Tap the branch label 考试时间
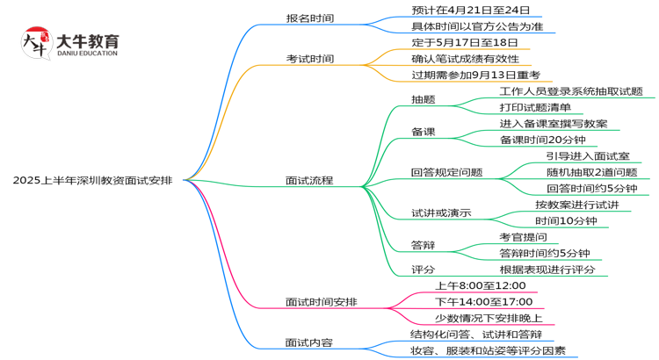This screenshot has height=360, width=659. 309,59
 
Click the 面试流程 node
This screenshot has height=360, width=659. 309,180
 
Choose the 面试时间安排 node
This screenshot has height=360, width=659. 321,302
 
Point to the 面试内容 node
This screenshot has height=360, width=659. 309,342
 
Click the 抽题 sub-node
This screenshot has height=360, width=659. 423,99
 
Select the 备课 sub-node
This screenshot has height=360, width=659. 423,132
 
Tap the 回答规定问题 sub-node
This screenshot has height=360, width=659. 446,172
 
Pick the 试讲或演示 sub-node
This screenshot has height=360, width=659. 441,212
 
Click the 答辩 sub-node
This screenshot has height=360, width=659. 423,245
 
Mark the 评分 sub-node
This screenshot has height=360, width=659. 423,270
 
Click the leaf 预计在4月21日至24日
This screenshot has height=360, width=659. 470,11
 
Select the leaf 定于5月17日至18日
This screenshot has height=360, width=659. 464,42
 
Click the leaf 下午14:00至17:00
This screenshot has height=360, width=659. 485,302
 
